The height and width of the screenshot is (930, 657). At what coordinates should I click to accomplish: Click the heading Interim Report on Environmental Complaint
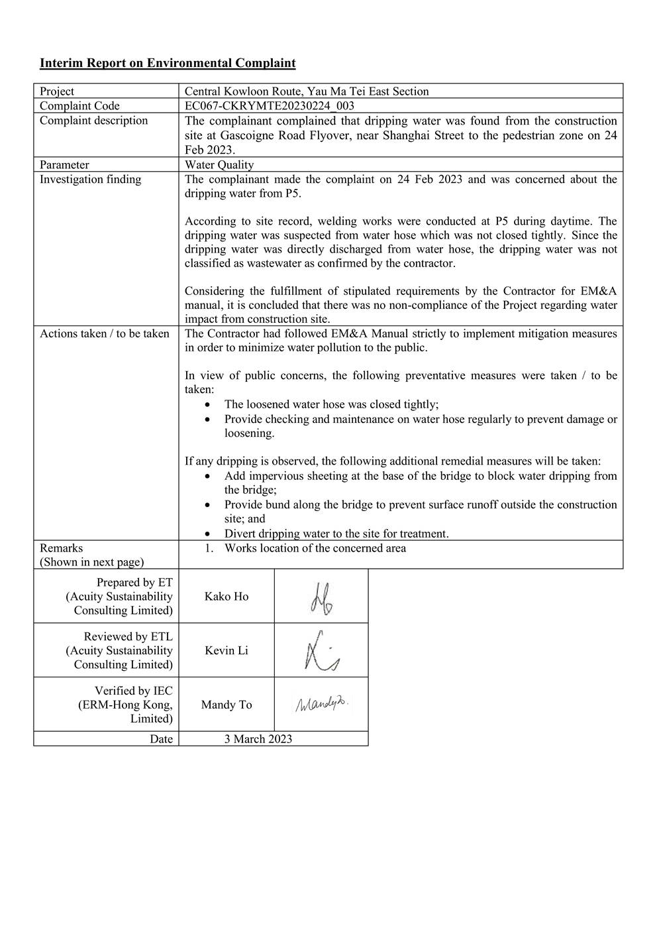[168, 63]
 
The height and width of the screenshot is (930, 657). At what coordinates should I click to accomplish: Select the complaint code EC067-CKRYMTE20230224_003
[269, 106]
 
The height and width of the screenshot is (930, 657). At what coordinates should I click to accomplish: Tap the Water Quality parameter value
[219, 164]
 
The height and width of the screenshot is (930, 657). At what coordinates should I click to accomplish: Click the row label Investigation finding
[90, 179]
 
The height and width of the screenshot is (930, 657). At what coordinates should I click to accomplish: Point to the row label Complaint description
[93, 121]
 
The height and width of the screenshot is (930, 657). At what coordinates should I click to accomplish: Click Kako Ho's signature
[321, 597]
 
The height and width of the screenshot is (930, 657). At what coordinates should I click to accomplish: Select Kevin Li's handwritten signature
[321, 651]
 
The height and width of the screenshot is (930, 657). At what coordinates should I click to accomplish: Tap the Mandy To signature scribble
[321, 704]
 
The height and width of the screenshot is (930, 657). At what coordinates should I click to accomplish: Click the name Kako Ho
[227, 597]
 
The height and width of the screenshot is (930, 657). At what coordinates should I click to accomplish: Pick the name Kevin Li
[227, 651]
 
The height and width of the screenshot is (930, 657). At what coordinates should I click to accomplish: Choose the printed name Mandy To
[227, 705]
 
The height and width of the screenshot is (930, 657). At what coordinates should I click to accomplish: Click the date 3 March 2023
[258, 739]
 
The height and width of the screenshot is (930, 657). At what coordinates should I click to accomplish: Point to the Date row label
[161, 739]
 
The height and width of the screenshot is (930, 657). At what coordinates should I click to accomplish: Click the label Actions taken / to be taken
[104, 333]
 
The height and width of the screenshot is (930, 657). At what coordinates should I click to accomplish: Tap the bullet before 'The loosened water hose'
[209, 404]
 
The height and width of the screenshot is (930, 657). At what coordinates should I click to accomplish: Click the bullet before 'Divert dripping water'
[209, 534]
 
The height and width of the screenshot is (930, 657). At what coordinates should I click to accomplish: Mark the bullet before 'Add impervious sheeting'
[209, 476]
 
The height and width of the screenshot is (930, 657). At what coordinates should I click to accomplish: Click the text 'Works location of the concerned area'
[315, 548]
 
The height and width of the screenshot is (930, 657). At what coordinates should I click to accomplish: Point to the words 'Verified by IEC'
[133, 691]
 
